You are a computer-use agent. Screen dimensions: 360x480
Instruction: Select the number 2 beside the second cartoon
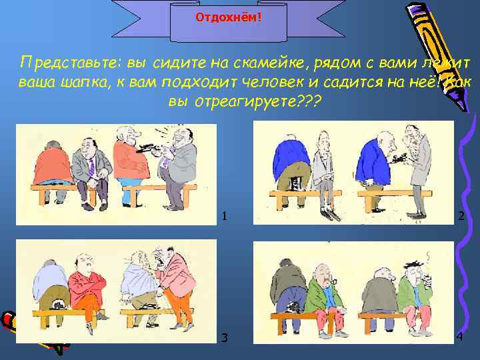460,215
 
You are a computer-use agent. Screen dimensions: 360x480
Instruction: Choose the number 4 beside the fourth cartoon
460,337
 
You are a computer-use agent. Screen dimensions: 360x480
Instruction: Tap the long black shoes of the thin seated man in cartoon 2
327,215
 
